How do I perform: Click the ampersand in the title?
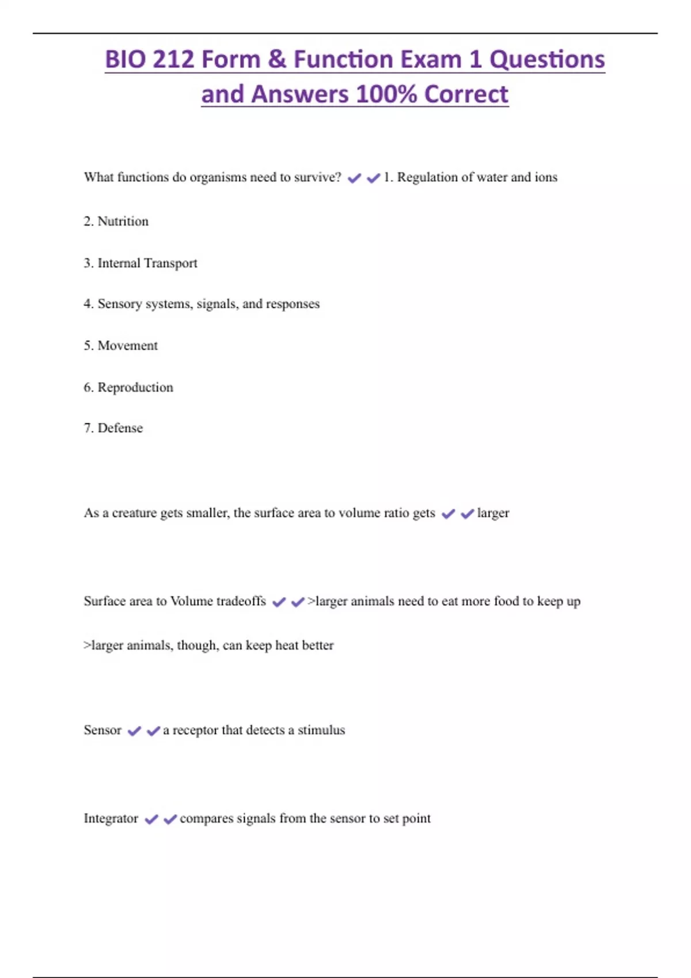click(277, 60)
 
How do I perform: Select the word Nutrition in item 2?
click(123, 221)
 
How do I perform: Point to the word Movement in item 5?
click(127, 346)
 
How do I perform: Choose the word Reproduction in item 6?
click(135, 388)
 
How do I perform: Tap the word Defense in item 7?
click(120, 428)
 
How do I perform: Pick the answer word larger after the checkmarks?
click(493, 513)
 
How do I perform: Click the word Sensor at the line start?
click(102, 730)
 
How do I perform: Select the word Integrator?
click(111, 819)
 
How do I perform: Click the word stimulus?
click(321, 730)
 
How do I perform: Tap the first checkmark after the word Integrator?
click(151, 819)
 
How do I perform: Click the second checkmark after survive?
click(373, 178)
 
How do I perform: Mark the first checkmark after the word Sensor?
click(134, 731)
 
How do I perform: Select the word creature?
click(134, 513)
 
